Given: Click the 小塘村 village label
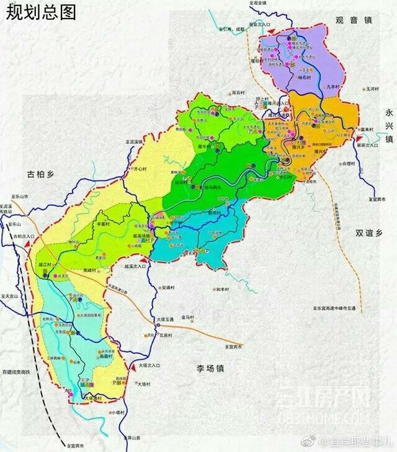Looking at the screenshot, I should pos(118,412).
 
